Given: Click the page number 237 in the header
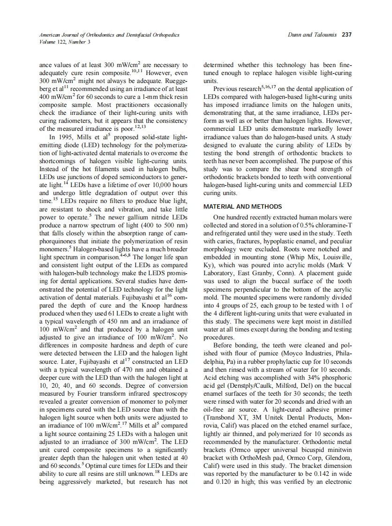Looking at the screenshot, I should [x=347, y=35].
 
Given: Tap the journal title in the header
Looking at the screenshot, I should [x=109, y=35].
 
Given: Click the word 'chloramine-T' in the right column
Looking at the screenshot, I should [x=332, y=225].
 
